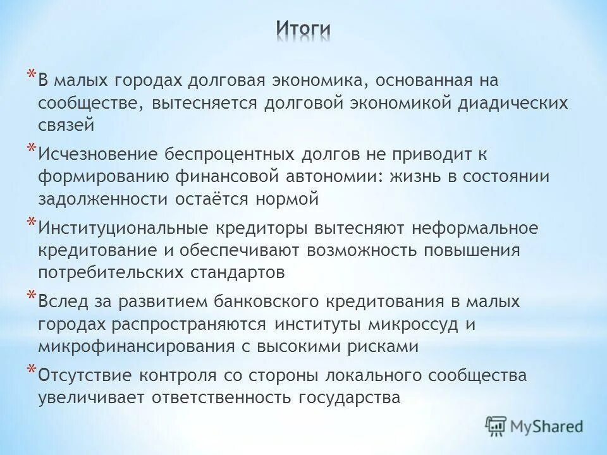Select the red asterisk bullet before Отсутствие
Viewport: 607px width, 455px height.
click(x=30, y=370)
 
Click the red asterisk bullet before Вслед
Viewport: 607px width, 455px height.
click(x=30, y=296)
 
